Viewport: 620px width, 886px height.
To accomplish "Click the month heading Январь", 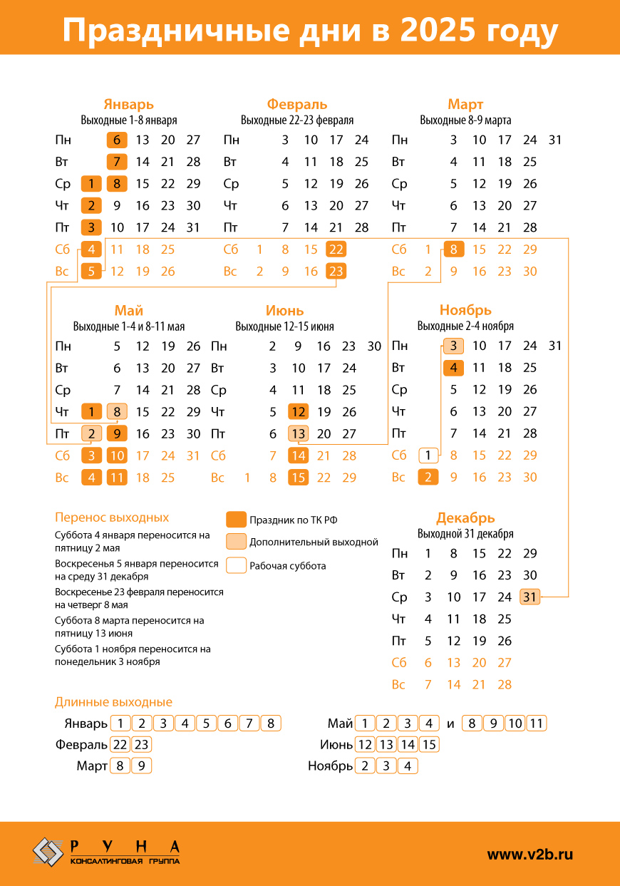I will pos(128,105).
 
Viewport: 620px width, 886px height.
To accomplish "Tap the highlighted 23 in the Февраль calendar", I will pos(336,272).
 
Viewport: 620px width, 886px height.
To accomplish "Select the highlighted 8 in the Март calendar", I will pos(453,249).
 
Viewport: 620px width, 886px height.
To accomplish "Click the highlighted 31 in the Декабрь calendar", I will pos(529,597).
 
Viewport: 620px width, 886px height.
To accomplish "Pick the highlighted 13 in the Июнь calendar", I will pos(298,433).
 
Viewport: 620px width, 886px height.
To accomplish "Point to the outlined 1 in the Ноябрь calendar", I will pos(428,455).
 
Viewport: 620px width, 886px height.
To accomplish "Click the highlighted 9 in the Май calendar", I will pos(117,433).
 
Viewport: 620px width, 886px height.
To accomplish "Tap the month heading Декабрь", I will pos(465,518).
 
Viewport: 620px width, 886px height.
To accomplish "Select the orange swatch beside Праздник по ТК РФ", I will pos(236,520).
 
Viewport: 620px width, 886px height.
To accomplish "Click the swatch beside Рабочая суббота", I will pos(236,566).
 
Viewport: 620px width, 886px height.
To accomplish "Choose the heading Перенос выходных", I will pos(112,517).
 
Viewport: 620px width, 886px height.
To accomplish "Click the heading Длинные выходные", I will pos(113,702).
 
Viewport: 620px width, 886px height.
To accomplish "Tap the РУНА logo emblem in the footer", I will pos(48,852).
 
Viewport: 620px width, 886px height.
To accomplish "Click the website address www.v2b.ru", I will pos(529,854).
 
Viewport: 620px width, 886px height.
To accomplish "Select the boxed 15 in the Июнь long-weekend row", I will pos(429,745).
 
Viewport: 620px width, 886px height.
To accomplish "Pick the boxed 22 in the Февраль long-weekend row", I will pos(120,745).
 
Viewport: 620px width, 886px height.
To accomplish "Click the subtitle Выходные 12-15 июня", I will pos(284,326).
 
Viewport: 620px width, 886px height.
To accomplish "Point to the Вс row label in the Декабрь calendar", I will pos(398,685).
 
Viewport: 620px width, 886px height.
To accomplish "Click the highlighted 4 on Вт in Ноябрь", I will pos(453,368).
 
